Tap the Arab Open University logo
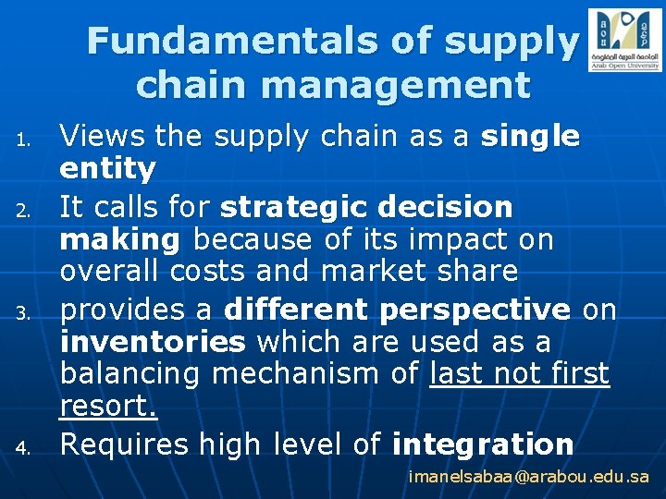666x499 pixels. pyautogui.click(x=624, y=40)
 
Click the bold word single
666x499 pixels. pyautogui.click(x=530, y=138)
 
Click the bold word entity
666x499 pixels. pyautogui.click(x=108, y=169)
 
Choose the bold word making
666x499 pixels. pyautogui.click(x=119, y=240)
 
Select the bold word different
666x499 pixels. pyautogui.click(x=297, y=309)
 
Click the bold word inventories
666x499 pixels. pyautogui.click(x=153, y=342)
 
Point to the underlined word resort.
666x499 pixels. pyautogui.click(x=108, y=407)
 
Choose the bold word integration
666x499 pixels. pyautogui.click(x=483, y=444)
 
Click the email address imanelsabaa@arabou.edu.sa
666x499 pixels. pyautogui.click(x=529, y=478)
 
